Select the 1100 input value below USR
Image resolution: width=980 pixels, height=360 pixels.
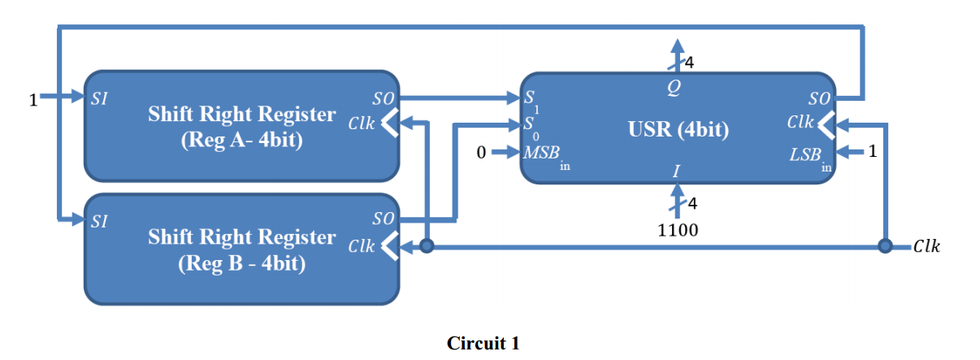tap(677, 230)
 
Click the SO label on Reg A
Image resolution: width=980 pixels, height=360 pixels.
tap(382, 99)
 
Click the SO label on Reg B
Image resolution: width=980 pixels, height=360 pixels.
tap(382, 218)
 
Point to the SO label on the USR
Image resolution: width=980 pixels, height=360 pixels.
tap(817, 99)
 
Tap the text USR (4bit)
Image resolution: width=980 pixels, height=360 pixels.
tap(679, 129)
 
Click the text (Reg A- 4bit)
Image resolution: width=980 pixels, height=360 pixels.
tap(241, 141)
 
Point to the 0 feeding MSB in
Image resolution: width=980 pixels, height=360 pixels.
tap(482, 152)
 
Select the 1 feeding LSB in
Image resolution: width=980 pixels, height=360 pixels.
tap(873, 150)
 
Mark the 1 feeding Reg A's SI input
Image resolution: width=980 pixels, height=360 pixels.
tap(33, 101)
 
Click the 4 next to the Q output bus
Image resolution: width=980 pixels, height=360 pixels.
tap(690, 62)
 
